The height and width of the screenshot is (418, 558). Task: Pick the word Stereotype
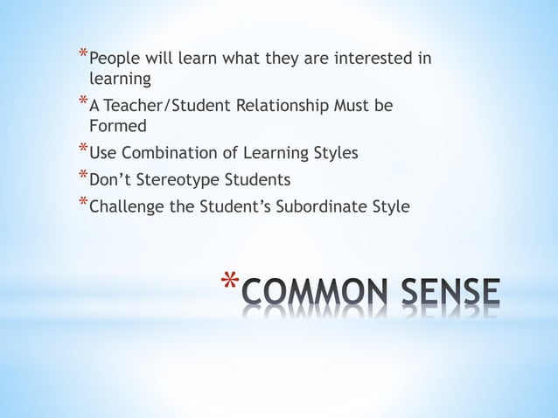[179, 180]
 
